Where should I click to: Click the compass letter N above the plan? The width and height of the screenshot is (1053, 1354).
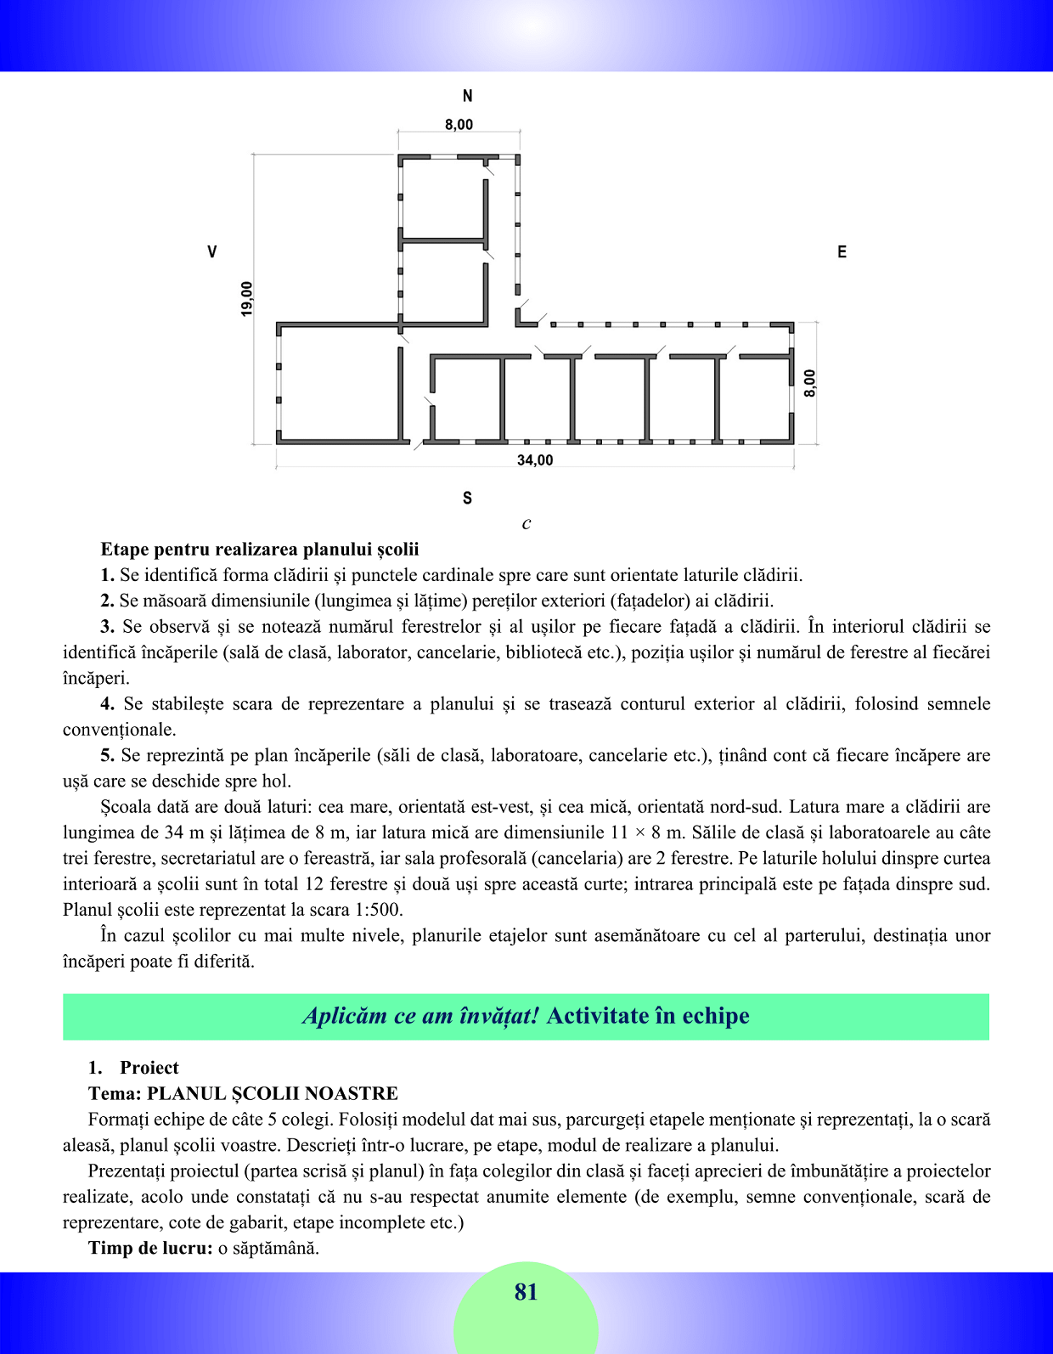467,96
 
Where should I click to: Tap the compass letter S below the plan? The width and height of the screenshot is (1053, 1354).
467,499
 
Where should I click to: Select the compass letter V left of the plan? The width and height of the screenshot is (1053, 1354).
212,252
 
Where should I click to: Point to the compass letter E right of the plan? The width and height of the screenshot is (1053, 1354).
842,252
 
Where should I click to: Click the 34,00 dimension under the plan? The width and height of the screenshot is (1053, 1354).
535,460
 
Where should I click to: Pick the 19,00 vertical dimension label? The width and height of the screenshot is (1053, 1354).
247,299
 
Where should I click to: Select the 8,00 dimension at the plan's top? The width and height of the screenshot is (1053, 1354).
459,125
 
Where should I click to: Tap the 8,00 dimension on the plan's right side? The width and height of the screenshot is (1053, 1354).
810,383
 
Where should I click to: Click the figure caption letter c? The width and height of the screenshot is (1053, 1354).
526,523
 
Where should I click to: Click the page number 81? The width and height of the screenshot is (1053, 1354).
526,1292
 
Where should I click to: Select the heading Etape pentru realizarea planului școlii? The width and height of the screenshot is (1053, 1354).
260,550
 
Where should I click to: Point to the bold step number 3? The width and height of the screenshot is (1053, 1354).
107,627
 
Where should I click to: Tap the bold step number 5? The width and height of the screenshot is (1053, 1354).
107,755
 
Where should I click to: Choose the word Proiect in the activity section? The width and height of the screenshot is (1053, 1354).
149,1068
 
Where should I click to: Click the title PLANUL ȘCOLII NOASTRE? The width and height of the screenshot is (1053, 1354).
273,1093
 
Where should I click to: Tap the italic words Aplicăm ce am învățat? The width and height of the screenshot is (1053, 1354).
420,1016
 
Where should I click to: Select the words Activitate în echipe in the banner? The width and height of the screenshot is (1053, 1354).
648,1016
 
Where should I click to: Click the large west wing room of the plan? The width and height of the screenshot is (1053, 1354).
339,384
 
